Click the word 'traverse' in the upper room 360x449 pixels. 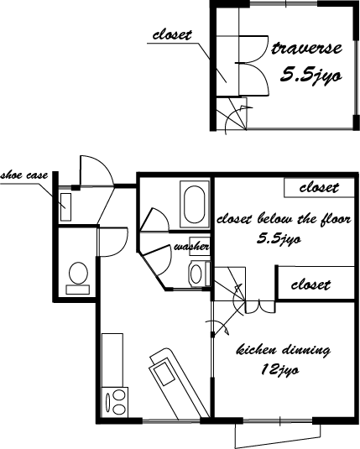(306, 49)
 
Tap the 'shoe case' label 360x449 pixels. (24, 175)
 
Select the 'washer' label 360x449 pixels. (192, 247)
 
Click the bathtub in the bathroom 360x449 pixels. (195, 205)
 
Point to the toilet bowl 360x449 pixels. (78, 273)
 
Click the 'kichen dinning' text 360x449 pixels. (284, 351)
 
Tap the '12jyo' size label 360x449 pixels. (279, 370)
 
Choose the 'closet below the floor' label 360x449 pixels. (284, 220)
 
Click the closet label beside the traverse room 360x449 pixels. (172, 35)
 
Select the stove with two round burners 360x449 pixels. (115, 402)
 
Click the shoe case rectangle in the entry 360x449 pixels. (65, 207)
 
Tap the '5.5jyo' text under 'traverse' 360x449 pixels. (310, 75)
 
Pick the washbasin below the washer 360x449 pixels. (196, 274)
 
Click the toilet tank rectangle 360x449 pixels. (78, 290)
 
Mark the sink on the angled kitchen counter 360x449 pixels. (164, 373)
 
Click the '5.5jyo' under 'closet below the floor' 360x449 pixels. (279, 238)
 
